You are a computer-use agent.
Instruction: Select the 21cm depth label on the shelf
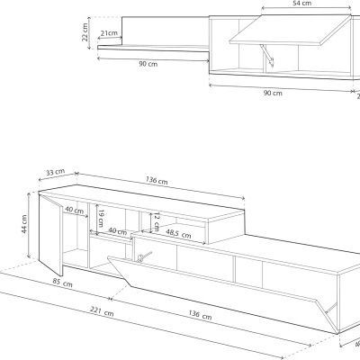click(109, 34)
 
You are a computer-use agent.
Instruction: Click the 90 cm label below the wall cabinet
click(272, 93)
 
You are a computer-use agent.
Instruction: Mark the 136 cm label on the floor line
click(201, 315)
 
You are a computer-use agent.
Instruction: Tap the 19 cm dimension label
click(101, 217)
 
